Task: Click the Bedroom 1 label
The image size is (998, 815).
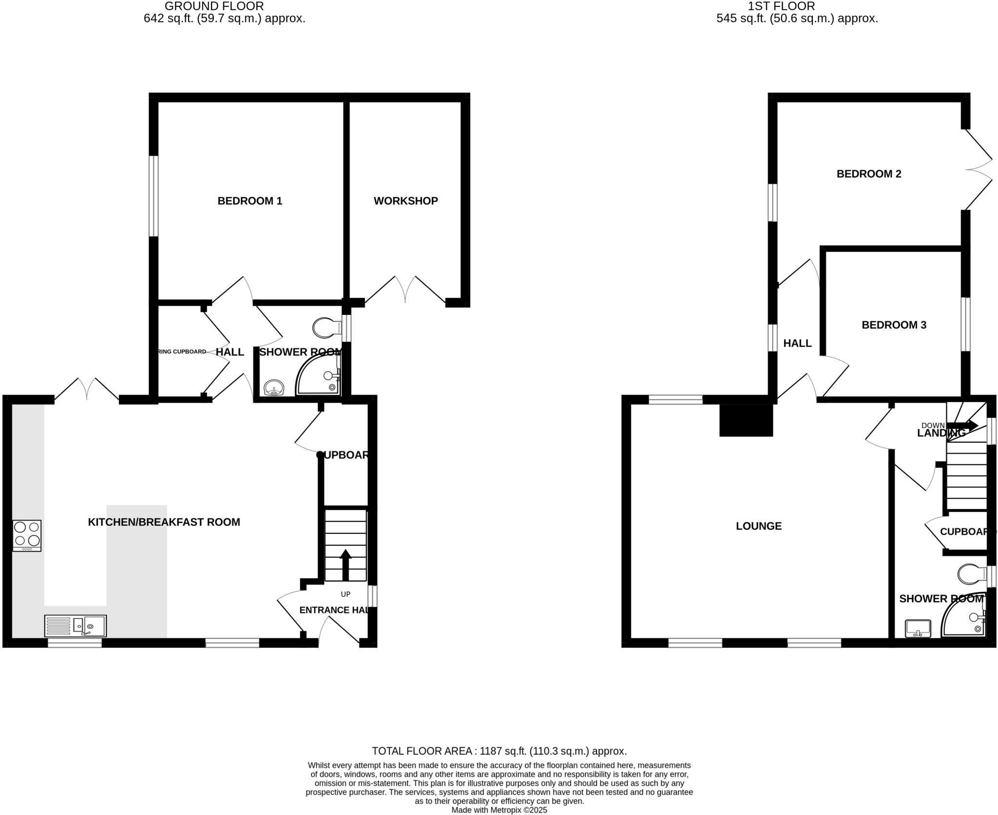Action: click(x=249, y=201)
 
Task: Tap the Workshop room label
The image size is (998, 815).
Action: click(x=405, y=201)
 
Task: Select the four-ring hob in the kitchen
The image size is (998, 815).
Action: click(x=27, y=535)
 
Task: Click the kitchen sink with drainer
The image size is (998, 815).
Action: click(x=76, y=626)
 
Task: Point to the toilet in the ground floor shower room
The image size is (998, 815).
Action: click(x=326, y=328)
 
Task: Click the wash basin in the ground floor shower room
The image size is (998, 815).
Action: click(x=274, y=389)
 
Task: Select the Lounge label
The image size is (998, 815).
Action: click(x=758, y=526)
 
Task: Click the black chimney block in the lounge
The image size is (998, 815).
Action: click(x=746, y=420)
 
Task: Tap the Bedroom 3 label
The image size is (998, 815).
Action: click(x=894, y=325)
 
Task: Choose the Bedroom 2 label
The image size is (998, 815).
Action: click(x=869, y=174)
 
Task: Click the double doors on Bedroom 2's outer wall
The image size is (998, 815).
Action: click(x=979, y=169)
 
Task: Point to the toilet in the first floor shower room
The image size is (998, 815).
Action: click(x=971, y=574)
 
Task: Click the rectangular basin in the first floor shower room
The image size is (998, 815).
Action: click(x=918, y=628)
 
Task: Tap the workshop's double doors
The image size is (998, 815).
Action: click(x=405, y=290)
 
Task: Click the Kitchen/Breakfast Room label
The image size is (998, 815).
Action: click(x=164, y=522)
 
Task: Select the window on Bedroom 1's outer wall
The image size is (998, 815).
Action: click(x=154, y=196)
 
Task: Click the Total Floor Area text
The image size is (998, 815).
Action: click(x=499, y=751)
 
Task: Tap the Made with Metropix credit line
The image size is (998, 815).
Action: click(x=499, y=810)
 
